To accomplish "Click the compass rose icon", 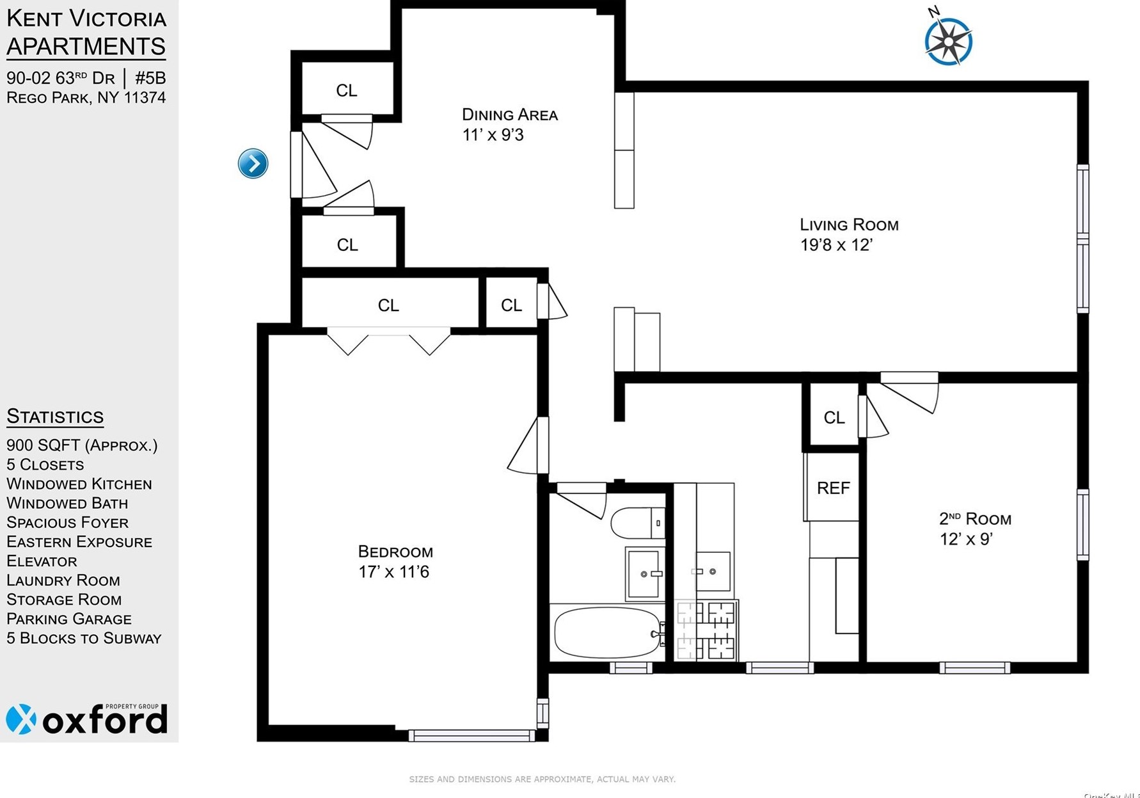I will (948, 41).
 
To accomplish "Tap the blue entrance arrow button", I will (253, 163).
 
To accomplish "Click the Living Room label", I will (849, 225).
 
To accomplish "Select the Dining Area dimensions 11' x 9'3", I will (493, 135).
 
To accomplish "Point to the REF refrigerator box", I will (833, 488).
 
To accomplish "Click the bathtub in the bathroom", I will (606, 632).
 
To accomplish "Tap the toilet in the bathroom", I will (637, 523).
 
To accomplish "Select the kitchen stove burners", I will (708, 630).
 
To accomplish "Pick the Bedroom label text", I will (395, 552).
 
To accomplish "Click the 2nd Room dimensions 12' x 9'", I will (965, 539).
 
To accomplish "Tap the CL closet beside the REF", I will (834, 417).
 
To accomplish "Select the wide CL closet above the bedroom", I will (388, 305).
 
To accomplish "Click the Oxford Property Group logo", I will (87, 719).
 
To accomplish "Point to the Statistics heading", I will (55, 417).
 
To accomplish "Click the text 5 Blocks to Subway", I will (84, 638).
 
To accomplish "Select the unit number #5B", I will (150, 78).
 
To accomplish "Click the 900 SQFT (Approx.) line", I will (82, 445).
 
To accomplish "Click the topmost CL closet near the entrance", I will (346, 90).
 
